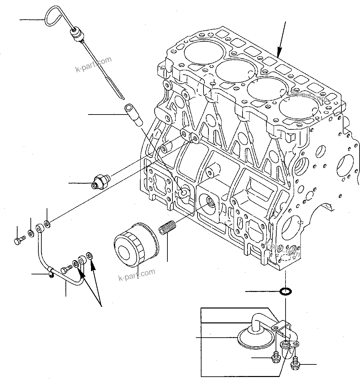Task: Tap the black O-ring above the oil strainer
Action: point(285,292)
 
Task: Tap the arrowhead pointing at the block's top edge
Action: point(279,52)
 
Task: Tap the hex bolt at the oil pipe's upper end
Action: point(19,240)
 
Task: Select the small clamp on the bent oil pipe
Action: point(50,272)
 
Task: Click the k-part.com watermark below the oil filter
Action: point(136,274)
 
